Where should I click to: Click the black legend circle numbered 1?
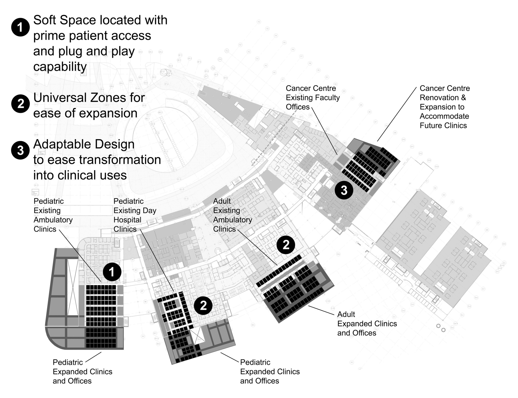coord(21,27)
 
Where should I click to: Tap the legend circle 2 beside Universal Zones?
coord(21,104)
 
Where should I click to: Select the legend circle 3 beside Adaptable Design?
coord(21,150)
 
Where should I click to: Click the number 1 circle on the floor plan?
coord(112,272)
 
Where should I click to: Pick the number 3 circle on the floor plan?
coord(344,190)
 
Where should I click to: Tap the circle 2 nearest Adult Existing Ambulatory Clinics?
coord(286,245)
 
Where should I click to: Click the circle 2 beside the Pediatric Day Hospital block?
coord(203,305)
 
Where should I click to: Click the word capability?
coord(60,67)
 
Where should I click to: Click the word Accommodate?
coord(444,116)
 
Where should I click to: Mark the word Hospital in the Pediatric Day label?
coord(127,220)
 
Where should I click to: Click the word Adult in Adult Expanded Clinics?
coord(346,314)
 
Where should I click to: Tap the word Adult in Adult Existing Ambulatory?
coord(222,201)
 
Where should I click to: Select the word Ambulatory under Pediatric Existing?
coord(53,220)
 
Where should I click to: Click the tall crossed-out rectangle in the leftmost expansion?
coord(73,287)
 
